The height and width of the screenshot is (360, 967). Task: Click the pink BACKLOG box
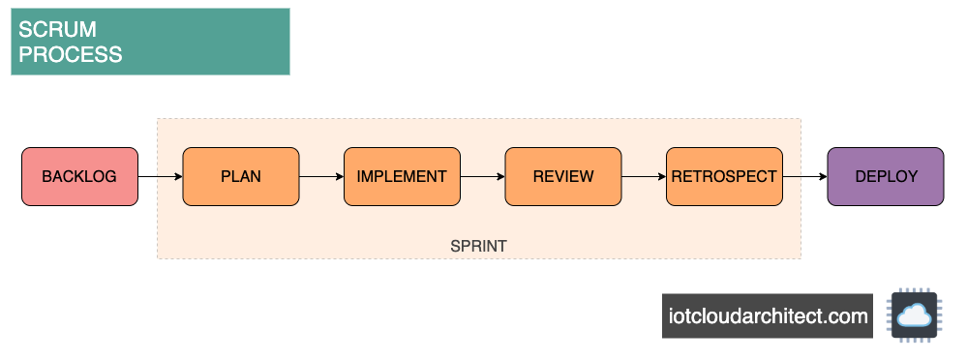click(x=79, y=177)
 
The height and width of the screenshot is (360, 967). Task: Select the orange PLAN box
click(x=241, y=177)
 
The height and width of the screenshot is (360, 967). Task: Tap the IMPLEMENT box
click(x=402, y=177)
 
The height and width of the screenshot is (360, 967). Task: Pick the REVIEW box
click(x=562, y=177)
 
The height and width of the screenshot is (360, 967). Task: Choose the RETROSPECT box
click(x=724, y=177)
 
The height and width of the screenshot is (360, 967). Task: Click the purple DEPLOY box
click(x=885, y=177)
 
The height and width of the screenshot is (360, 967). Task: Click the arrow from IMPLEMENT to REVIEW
click(x=482, y=177)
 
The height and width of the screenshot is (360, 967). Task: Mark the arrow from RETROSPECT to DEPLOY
click(x=804, y=177)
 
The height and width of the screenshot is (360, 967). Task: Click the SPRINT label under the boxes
click(x=478, y=247)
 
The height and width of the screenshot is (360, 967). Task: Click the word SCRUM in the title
click(x=57, y=30)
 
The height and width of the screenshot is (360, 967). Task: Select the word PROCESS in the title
click(x=71, y=54)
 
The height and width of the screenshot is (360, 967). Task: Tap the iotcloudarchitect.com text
click(x=768, y=316)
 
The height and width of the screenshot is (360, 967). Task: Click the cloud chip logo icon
click(x=912, y=315)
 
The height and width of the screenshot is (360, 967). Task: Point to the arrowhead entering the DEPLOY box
click(x=822, y=177)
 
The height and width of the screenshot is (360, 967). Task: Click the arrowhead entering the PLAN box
click(x=177, y=177)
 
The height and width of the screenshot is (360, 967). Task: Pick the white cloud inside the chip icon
click(x=912, y=315)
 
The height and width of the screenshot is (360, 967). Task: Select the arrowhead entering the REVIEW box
click(x=499, y=177)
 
